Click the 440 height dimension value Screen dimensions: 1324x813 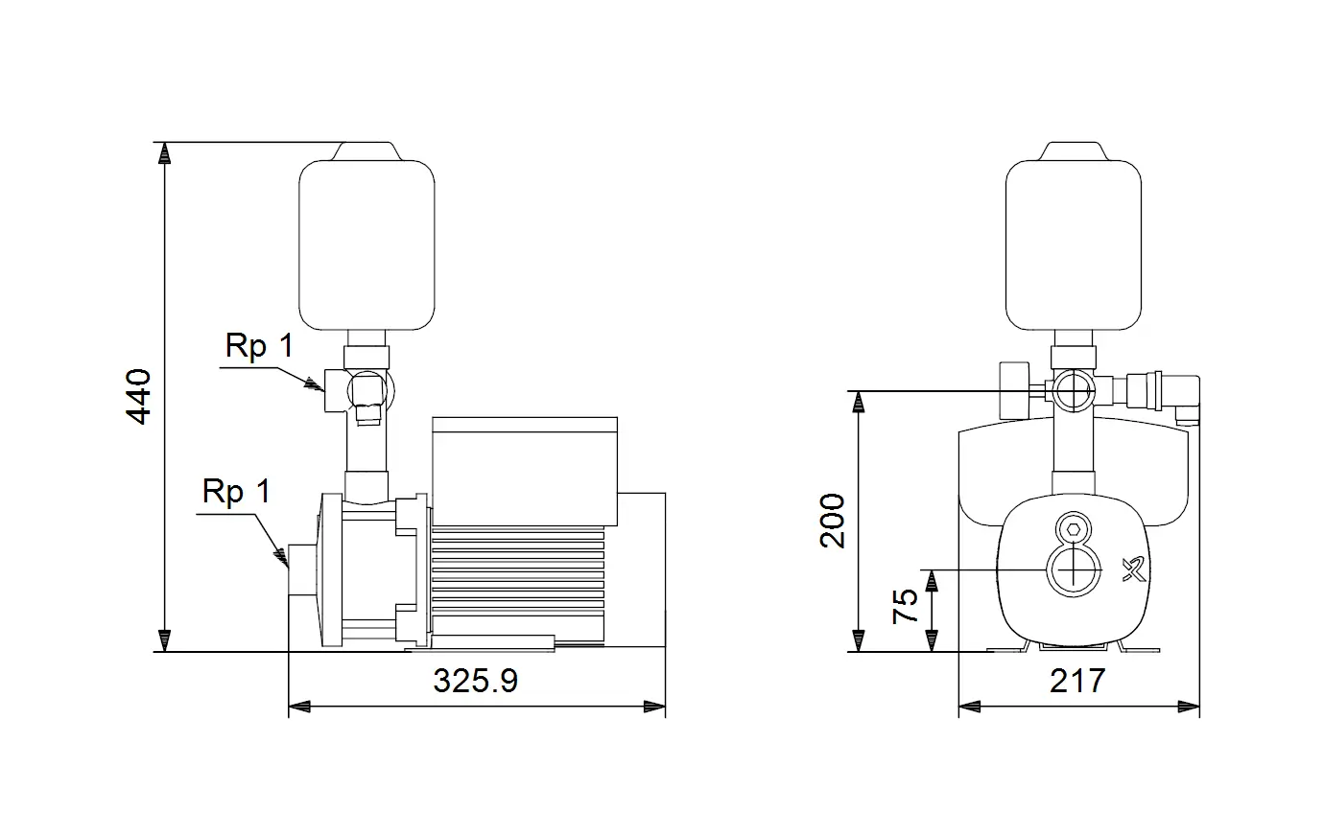[139, 397]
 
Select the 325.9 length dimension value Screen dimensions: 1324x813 [476, 681]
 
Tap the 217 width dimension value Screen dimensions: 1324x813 [1077, 681]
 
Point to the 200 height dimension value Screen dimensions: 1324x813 [833, 522]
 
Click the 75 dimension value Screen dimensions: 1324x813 [905, 606]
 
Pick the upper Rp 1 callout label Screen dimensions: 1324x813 [259, 346]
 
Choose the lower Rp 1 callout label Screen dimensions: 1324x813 [236, 492]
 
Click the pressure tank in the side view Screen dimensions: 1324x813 [367, 244]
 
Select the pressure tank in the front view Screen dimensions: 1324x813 [1074, 244]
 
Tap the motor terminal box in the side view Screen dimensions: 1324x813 [525, 472]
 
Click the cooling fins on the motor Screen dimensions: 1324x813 [518, 584]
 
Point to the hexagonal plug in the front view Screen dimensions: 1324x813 [1074, 530]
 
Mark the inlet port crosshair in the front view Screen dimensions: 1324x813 [1074, 570]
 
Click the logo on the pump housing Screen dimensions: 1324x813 [1134, 569]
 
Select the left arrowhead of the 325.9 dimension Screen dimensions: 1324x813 [299, 706]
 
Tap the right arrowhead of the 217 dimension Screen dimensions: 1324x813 [1189, 706]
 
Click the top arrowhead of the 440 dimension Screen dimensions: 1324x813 [164, 152]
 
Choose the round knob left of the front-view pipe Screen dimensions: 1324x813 [1014, 390]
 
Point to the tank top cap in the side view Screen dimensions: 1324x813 [366, 151]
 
